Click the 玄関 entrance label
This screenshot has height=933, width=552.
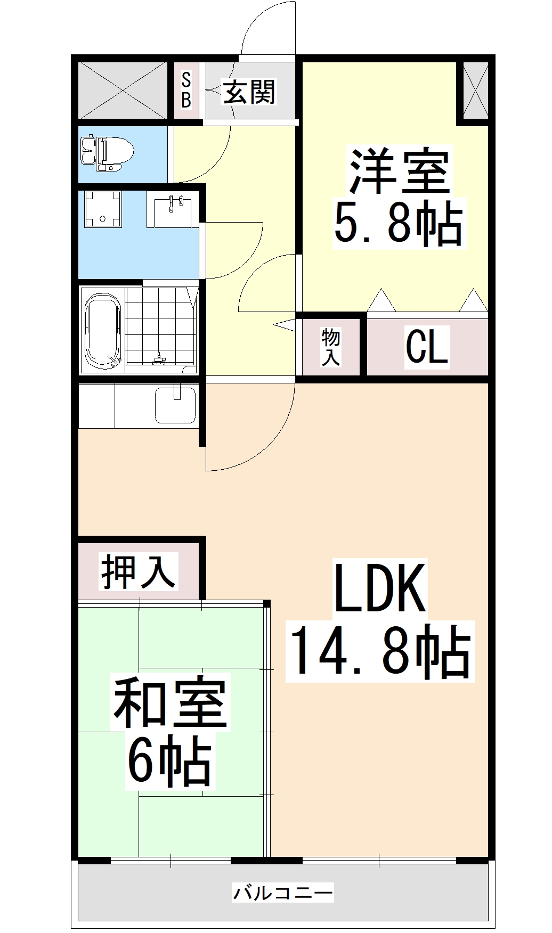click(x=249, y=92)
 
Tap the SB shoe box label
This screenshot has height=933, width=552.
click(x=186, y=91)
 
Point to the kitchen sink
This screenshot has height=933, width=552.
click(x=175, y=405)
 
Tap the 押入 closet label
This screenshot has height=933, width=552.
click(x=138, y=571)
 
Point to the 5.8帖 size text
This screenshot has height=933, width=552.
click(x=397, y=223)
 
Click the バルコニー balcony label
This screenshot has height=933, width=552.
click(x=283, y=891)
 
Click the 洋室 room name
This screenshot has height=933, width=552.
click(x=399, y=172)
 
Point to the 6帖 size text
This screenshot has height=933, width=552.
click(x=169, y=761)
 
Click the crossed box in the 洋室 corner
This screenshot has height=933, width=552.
click(x=475, y=90)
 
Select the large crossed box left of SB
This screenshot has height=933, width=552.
click(x=123, y=90)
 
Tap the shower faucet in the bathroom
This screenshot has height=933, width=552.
click(x=158, y=359)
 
